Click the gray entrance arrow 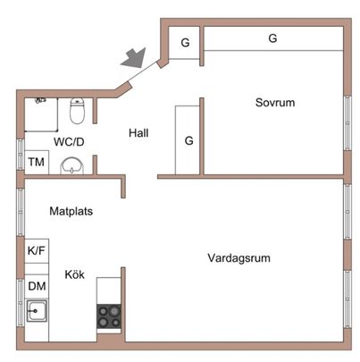(133, 56)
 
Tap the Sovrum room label (273, 103)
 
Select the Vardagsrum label (239, 257)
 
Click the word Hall (138, 133)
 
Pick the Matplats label (71, 212)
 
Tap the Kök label (74, 275)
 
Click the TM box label (36, 162)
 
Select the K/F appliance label (37, 252)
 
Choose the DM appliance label (37, 286)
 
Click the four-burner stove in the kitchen (110, 316)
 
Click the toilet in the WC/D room (78, 112)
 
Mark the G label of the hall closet (189, 140)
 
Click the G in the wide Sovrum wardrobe (272, 38)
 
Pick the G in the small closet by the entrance (185, 43)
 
